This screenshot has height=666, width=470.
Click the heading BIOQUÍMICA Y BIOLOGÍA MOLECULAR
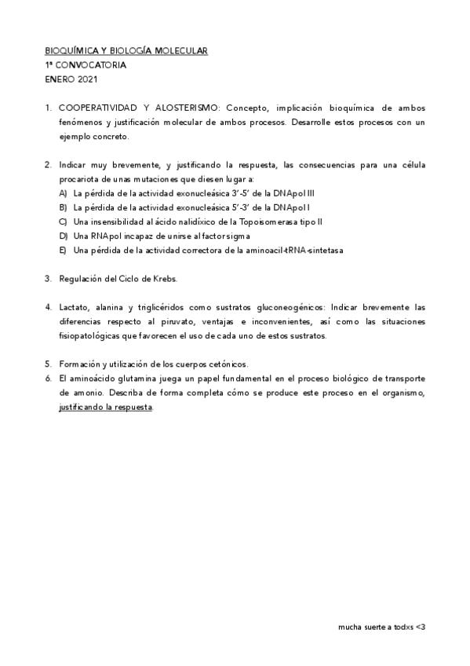point(126,51)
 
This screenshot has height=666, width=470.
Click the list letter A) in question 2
point(63,193)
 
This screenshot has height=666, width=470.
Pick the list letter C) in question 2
point(63,221)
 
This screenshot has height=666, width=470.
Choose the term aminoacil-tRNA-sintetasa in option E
point(299,250)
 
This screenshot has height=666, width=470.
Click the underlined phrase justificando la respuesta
point(106,407)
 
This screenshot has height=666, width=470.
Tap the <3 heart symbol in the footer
point(421,628)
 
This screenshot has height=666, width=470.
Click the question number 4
point(48,307)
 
